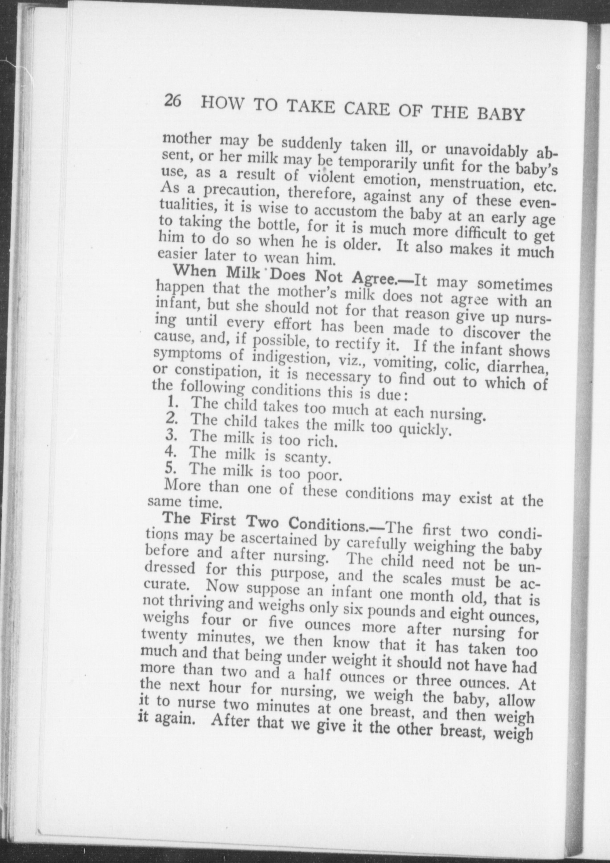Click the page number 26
tap(172, 100)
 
